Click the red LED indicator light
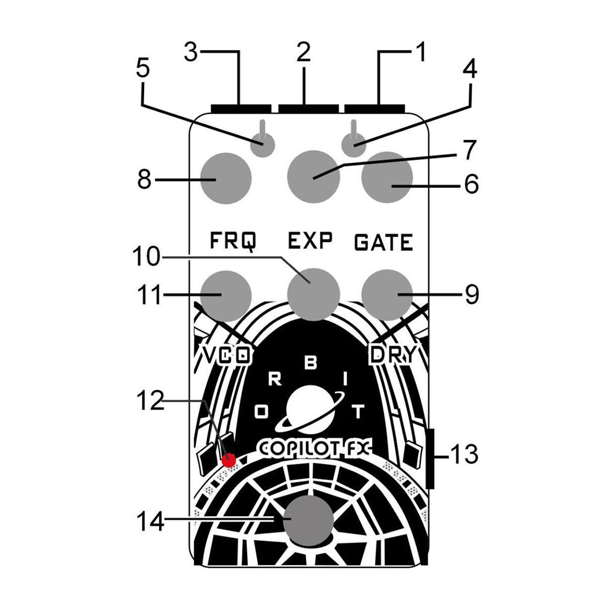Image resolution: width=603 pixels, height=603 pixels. click(x=229, y=461)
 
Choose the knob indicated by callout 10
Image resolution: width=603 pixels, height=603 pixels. click(x=313, y=294)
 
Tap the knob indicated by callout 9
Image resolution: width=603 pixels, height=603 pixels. click(x=387, y=294)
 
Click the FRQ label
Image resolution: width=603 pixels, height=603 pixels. click(x=233, y=242)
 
